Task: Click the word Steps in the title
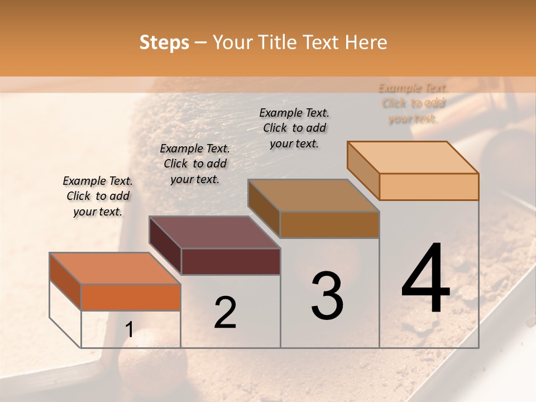click(x=164, y=42)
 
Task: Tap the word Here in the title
click(x=366, y=42)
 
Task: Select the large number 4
click(x=425, y=279)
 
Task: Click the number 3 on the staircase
click(x=327, y=296)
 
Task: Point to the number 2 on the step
click(x=225, y=313)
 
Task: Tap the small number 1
click(x=129, y=330)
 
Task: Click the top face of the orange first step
click(x=115, y=269)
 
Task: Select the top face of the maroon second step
click(x=214, y=232)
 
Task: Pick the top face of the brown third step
click(x=314, y=195)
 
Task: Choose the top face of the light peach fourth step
click(x=413, y=157)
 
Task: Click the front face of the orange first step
click(x=131, y=297)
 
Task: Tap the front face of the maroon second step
click(x=231, y=261)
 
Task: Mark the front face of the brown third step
click(x=329, y=224)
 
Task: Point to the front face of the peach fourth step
click(x=429, y=186)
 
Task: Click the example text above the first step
click(x=98, y=196)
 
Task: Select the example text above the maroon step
click(x=195, y=164)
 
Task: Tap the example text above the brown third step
click(x=294, y=128)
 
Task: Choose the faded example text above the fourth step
click(x=413, y=103)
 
